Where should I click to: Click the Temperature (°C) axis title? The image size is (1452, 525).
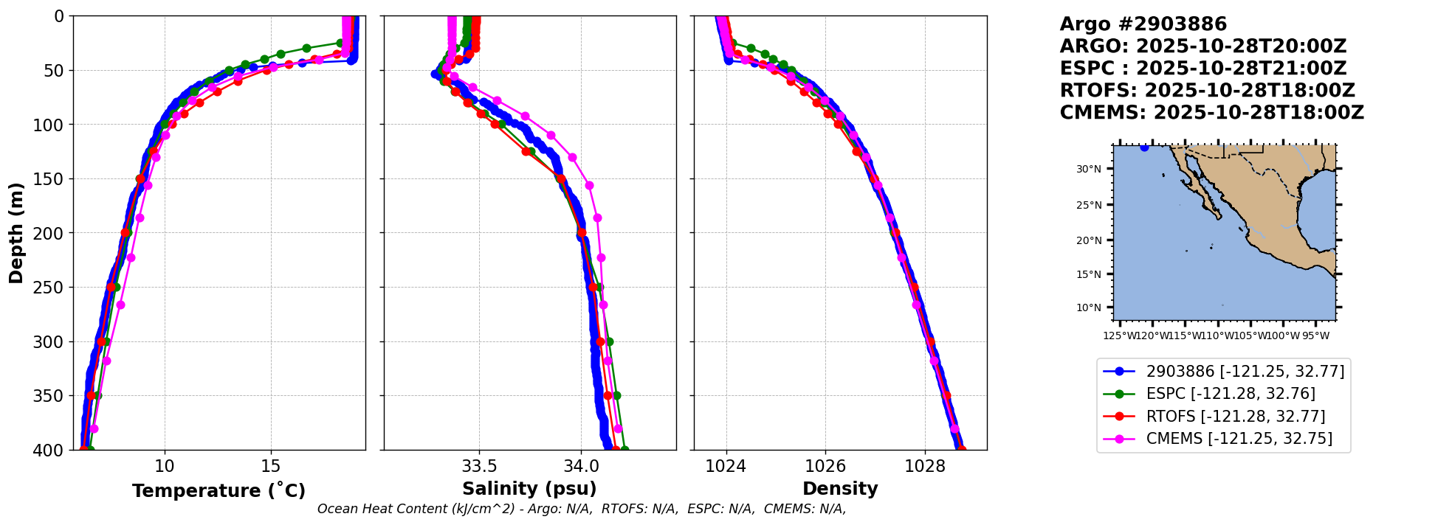(x=219, y=491)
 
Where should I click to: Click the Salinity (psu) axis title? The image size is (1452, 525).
(x=529, y=489)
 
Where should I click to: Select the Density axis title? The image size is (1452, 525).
(x=840, y=489)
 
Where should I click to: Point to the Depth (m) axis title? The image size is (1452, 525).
(x=16, y=232)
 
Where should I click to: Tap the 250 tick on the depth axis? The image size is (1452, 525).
(x=52, y=288)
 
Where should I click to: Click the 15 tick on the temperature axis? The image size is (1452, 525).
(x=271, y=467)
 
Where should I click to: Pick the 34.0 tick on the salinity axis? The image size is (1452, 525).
(x=581, y=467)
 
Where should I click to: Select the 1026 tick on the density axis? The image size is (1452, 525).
(x=825, y=467)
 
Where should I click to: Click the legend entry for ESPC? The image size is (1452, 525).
(x=1231, y=394)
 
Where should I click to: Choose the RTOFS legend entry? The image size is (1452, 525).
(x=1235, y=417)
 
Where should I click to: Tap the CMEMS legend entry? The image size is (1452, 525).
(x=1239, y=439)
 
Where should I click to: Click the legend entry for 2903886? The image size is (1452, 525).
(x=1245, y=372)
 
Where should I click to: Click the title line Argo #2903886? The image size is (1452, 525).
(x=1143, y=24)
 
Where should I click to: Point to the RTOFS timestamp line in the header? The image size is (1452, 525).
(x=1207, y=91)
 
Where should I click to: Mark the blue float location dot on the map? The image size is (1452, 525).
(x=1144, y=147)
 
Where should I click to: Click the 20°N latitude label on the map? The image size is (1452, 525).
(x=1088, y=240)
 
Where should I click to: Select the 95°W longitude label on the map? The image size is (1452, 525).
(x=1315, y=336)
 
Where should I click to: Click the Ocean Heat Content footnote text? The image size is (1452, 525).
(x=582, y=509)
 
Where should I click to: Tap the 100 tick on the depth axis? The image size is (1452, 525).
(x=52, y=125)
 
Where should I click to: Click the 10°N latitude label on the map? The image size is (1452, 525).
(x=1088, y=307)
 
